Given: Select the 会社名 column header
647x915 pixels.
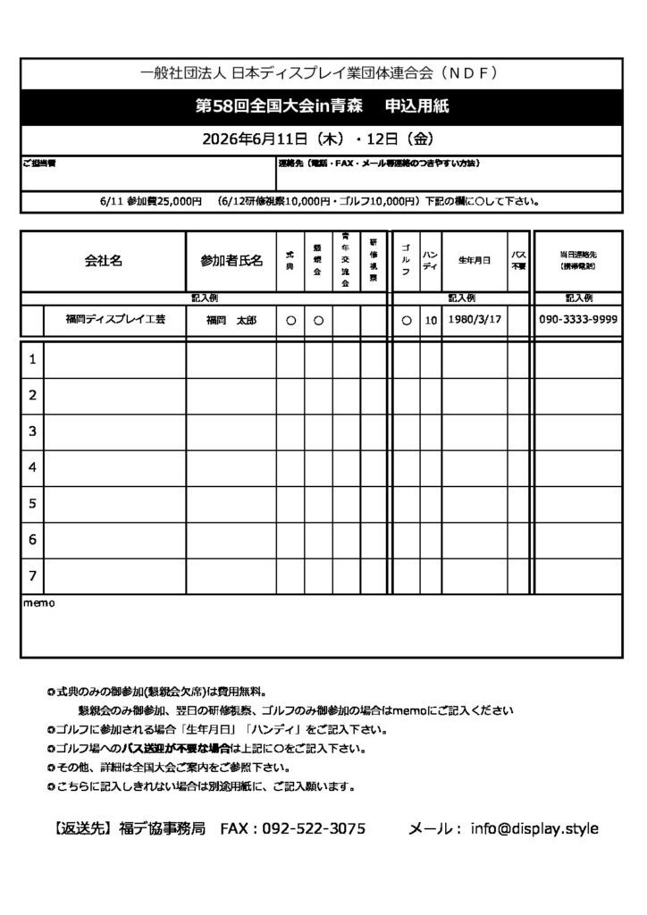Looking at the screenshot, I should tap(103, 261).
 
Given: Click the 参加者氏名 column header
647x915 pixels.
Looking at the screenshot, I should tap(231, 261).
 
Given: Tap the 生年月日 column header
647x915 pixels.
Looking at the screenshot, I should tap(475, 261).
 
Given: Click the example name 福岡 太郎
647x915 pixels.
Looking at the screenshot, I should tap(231, 319).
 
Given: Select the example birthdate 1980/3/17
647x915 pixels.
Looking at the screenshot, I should tap(475, 319).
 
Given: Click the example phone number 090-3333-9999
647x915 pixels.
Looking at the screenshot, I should tap(579, 319).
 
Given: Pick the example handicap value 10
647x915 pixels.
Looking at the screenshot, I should tap(430, 320).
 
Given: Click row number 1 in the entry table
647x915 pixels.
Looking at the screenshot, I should tap(32, 359).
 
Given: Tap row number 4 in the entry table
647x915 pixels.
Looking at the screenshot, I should tap(32, 467).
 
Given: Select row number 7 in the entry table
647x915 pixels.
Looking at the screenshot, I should tap(32, 575).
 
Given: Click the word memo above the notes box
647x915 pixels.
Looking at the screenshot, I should tap(38, 603).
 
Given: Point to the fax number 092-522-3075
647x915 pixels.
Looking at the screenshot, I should tap(314, 828).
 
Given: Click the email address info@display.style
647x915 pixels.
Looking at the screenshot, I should tap(534, 828).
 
